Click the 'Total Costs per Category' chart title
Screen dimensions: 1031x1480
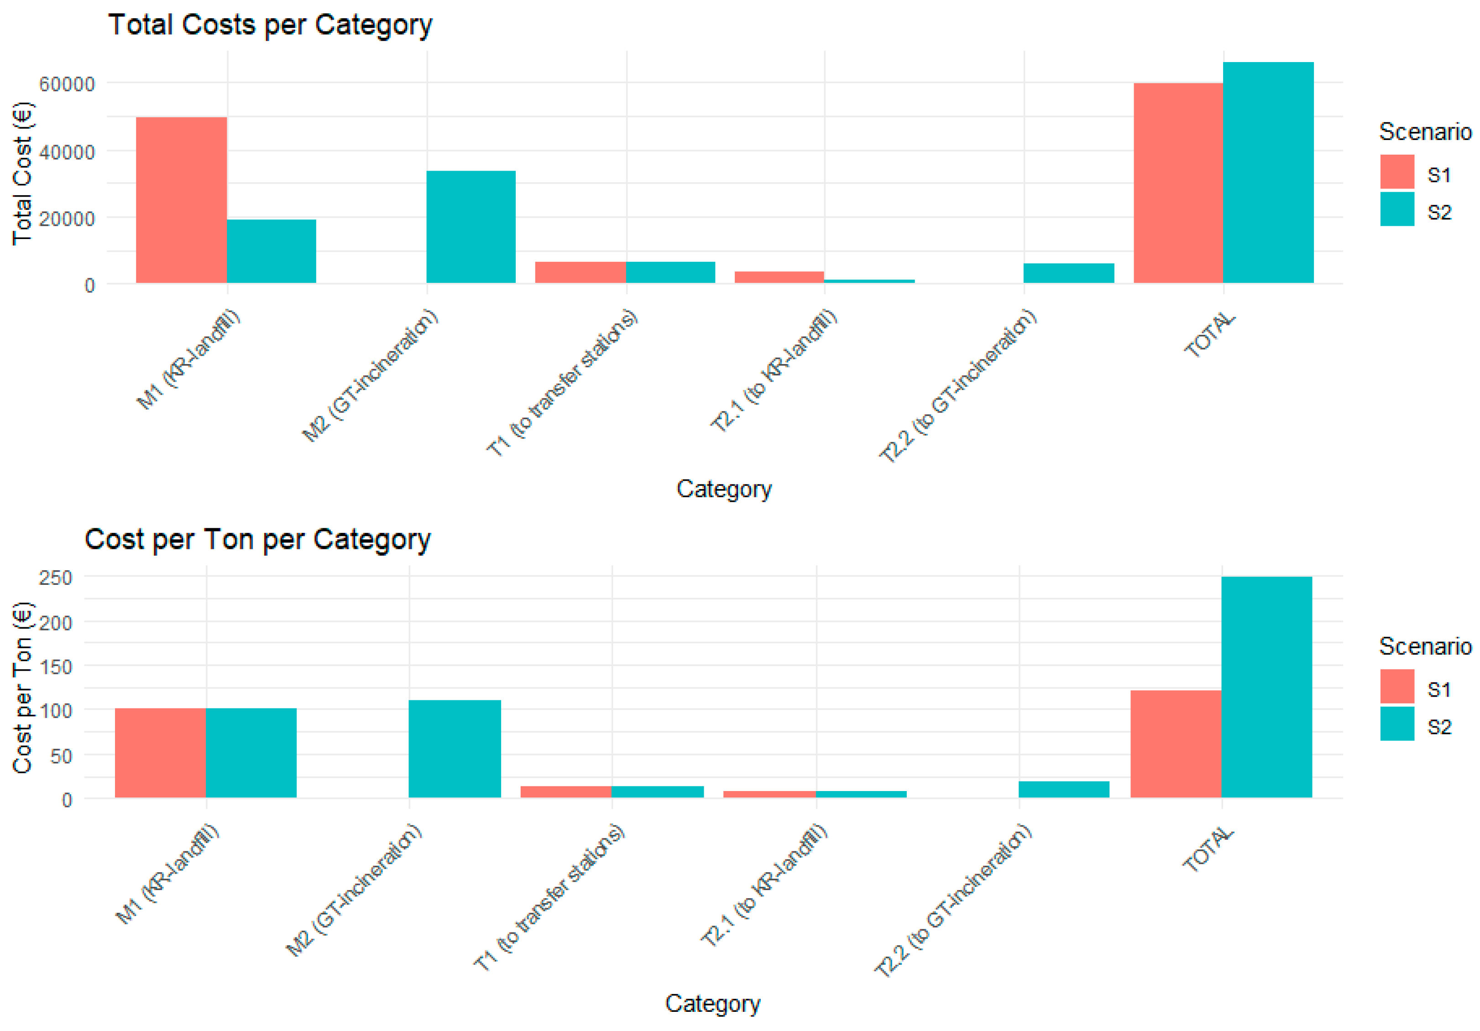(270, 25)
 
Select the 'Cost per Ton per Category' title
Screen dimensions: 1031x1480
(257, 539)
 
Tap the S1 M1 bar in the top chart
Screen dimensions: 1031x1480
(181, 200)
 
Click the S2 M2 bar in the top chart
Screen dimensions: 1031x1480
(471, 227)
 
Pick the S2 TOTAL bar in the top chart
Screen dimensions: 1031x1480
(1268, 173)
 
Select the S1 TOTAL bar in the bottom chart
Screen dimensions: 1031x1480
(1176, 744)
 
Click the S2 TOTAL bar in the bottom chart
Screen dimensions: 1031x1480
(1266, 687)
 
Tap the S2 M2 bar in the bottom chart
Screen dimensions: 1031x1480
(455, 749)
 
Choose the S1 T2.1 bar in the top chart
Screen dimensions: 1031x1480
(779, 277)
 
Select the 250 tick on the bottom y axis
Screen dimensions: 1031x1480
(55, 578)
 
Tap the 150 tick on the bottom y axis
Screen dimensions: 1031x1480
(55, 667)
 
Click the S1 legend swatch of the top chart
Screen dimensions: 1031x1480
(1397, 172)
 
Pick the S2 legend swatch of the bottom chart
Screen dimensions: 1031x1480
(1397, 724)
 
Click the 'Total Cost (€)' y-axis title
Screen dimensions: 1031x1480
(22, 173)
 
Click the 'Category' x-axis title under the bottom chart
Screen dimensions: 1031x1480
(712, 1003)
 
